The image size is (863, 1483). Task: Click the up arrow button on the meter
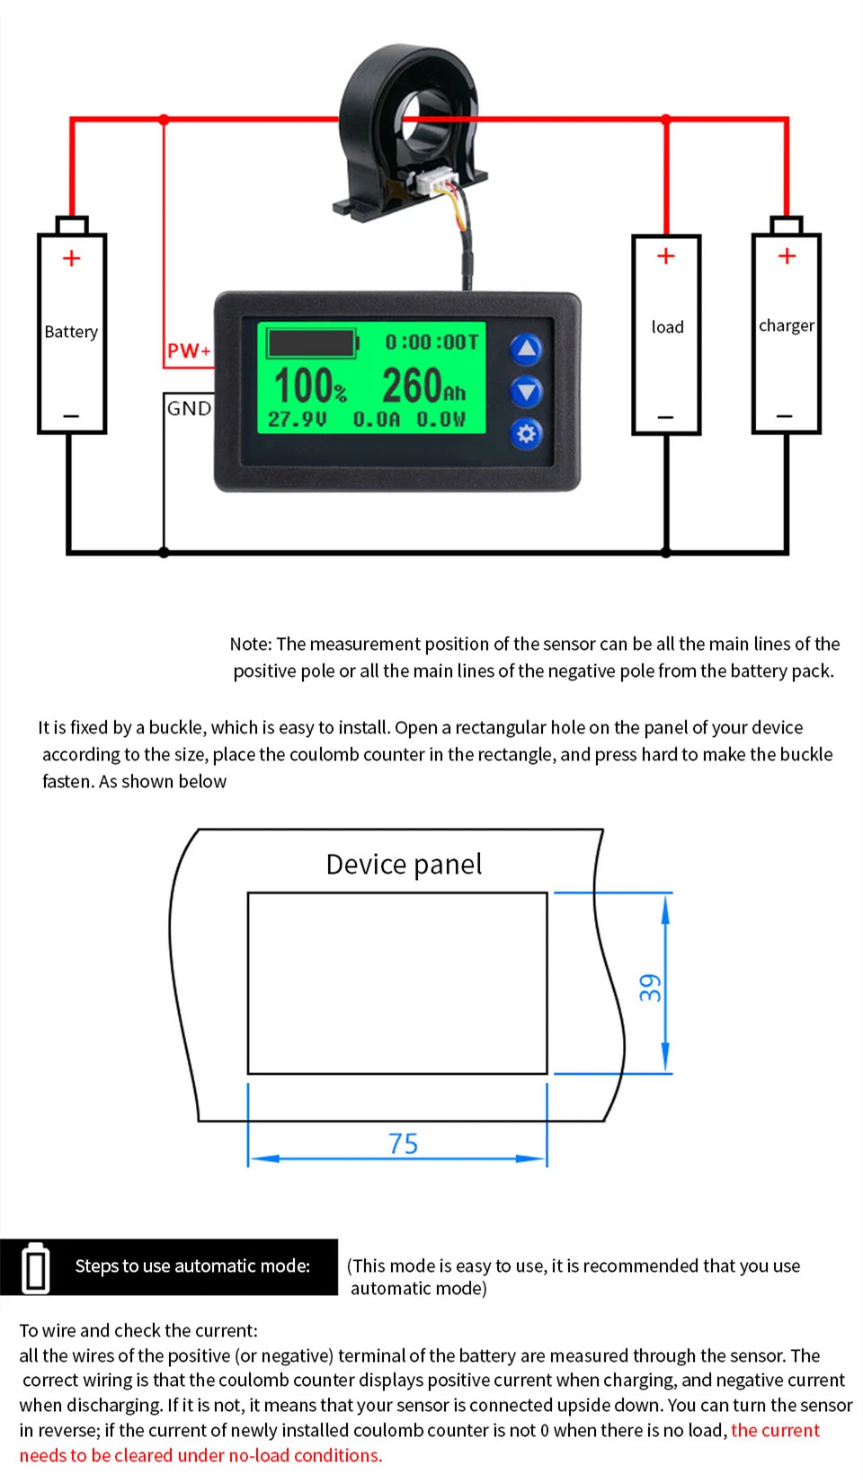[x=526, y=349]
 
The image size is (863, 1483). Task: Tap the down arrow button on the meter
[x=526, y=391]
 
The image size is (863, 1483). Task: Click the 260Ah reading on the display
[x=423, y=386]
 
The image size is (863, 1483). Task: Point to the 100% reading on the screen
[x=309, y=386]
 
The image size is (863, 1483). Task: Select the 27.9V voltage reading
[x=297, y=420]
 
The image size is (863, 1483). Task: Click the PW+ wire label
[x=189, y=351]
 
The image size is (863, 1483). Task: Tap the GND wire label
[x=189, y=408]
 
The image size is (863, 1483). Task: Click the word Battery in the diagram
[x=71, y=332]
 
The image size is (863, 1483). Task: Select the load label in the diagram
[x=667, y=327]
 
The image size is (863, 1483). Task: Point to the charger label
[x=787, y=325]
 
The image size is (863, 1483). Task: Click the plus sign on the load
[x=666, y=256]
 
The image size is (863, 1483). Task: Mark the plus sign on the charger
[x=787, y=256]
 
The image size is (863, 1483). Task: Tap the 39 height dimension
[x=650, y=987]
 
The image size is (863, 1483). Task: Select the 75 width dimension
[x=404, y=1143]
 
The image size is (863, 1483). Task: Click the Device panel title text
[x=404, y=864]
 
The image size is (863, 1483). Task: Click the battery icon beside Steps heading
[x=36, y=1267]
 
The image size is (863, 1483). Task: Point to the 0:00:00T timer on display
[x=431, y=342]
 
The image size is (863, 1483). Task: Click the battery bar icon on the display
[x=313, y=342]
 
